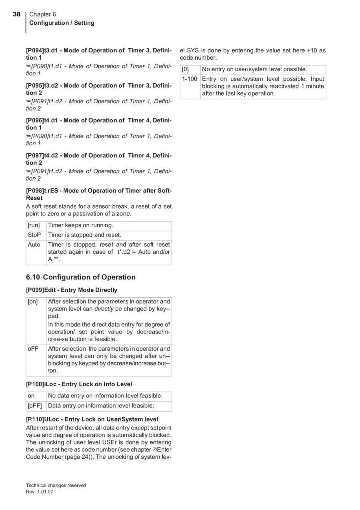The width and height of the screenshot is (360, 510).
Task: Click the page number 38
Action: (16, 14)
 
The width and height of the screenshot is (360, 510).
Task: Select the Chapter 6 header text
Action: (43, 14)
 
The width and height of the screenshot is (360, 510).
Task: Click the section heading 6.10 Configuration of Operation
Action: (81, 277)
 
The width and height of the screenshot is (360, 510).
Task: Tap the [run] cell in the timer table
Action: (34, 225)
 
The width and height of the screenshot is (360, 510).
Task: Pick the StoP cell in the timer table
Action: (34, 235)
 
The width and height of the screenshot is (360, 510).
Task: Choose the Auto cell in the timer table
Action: (34, 245)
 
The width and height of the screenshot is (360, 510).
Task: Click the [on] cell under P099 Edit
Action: (33, 301)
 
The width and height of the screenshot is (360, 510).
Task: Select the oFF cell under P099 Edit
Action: (33, 349)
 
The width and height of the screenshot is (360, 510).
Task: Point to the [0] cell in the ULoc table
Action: (186, 69)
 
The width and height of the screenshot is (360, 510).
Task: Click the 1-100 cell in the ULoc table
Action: (190, 79)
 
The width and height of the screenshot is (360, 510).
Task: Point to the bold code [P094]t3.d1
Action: (42, 50)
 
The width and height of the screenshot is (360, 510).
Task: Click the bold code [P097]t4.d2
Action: (42, 155)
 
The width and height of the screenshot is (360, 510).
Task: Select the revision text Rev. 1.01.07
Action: (39, 492)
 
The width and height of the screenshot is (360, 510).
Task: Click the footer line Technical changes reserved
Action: (56, 485)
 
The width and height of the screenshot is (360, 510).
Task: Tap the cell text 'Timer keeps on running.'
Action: (80, 225)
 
